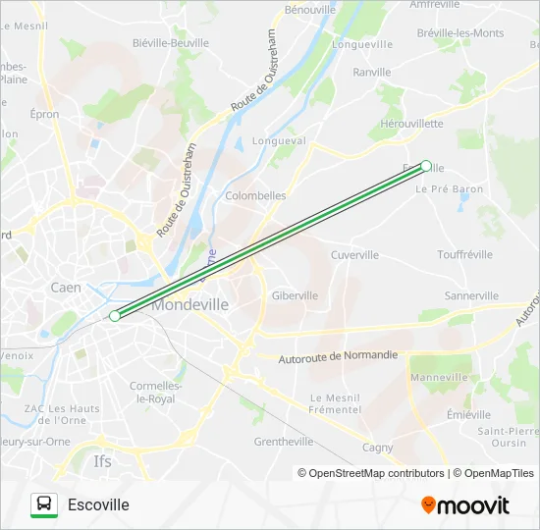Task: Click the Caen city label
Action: point(66,288)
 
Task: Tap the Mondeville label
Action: point(190,305)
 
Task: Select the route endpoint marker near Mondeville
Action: point(115,316)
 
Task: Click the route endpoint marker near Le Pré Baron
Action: point(426,166)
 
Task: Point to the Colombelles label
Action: point(255,195)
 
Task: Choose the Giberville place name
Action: point(295,295)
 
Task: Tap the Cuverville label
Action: point(354,255)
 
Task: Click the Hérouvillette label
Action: point(411,124)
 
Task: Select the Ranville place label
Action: point(372,72)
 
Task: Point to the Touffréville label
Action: point(465,254)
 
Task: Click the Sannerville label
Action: point(471,295)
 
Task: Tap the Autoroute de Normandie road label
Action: point(339,355)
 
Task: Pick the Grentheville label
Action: point(284,442)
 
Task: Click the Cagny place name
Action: point(377,448)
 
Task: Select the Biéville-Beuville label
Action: point(170,43)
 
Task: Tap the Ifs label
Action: point(102,459)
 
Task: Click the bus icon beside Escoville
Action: point(44,504)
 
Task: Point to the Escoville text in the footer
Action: point(98,504)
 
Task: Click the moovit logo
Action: point(465,505)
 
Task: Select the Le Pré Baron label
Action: point(450,188)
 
